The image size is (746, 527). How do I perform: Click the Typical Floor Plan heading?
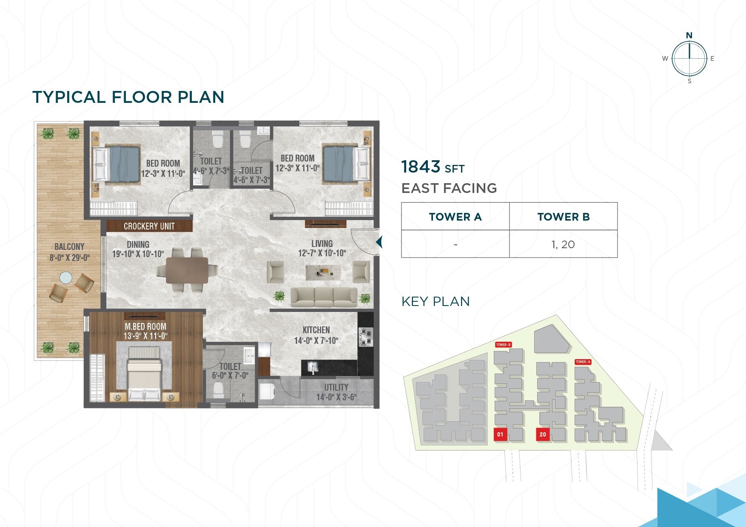[x=128, y=97]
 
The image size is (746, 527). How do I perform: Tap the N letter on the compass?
[x=689, y=35]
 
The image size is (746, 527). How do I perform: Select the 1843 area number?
[x=420, y=167]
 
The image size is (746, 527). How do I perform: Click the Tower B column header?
[x=563, y=217]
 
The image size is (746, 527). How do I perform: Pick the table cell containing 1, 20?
[x=563, y=244]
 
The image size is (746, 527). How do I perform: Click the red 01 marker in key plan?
[x=500, y=434]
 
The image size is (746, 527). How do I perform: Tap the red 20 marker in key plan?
[x=543, y=434]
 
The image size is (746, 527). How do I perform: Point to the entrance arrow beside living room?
[x=379, y=242]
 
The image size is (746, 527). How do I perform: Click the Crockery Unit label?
[x=149, y=226]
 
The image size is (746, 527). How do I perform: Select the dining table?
[x=187, y=270]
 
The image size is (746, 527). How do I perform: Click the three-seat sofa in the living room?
[x=324, y=297]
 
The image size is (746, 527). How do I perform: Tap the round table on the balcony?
[x=66, y=278]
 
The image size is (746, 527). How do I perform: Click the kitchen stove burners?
[x=366, y=337]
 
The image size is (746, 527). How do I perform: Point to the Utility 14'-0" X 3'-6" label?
[x=336, y=392]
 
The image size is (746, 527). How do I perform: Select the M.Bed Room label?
[x=145, y=331]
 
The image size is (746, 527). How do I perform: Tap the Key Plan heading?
[x=436, y=301]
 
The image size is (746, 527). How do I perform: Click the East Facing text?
[x=449, y=188]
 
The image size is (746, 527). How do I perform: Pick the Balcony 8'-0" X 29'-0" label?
[x=69, y=252]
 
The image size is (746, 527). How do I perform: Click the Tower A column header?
[x=455, y=217]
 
